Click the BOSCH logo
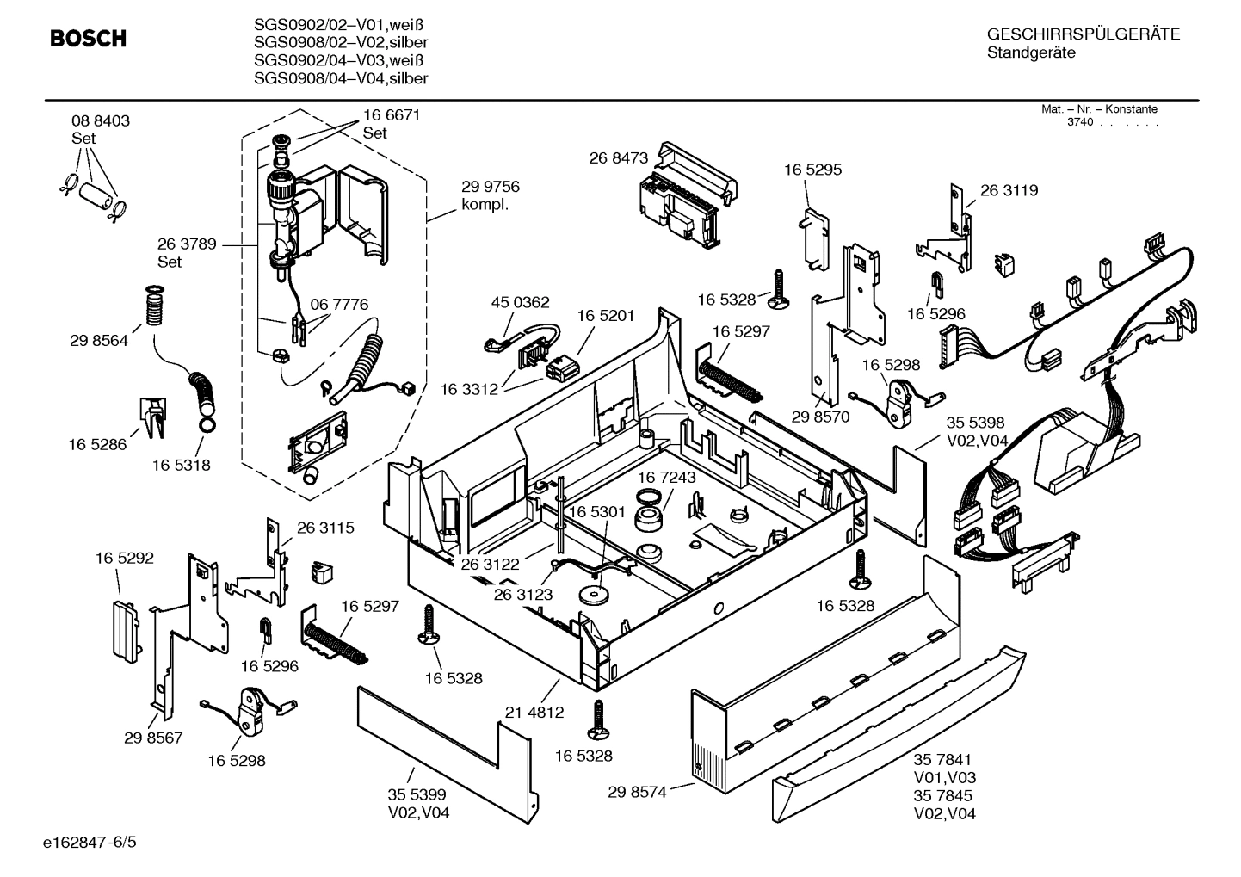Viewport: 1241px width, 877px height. click(88, 39)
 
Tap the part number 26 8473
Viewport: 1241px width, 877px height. click(618, 157)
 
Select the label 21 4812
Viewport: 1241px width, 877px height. click(534, 712)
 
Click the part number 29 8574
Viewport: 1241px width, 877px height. click(637, 792)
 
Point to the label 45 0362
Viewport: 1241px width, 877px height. click(520, 302)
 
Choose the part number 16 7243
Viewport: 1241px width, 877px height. click(667, 477)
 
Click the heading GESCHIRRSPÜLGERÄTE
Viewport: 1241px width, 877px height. click(1083, 34)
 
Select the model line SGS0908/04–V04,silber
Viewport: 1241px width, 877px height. click(341, 78)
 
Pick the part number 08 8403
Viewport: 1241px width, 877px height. click(101, 121)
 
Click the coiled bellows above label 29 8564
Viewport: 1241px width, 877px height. click(155, 306)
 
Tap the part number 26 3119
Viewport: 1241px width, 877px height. click(1009, 190)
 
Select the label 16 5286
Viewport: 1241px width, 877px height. click(97, 444)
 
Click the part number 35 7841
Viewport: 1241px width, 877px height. click(942, 759)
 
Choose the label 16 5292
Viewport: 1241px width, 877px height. click(124, 558)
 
